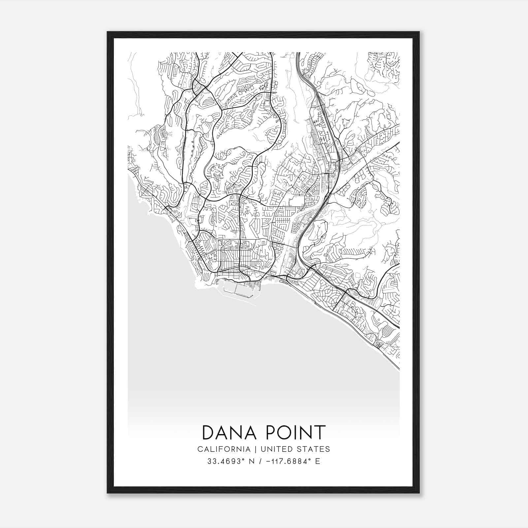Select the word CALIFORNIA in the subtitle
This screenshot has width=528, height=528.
click(x=224, y=449)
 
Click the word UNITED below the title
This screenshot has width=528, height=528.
click(x=275, y=449)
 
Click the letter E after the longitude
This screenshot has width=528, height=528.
click(x=317, y=461)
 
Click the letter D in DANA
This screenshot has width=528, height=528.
click(x=208, y=433)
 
